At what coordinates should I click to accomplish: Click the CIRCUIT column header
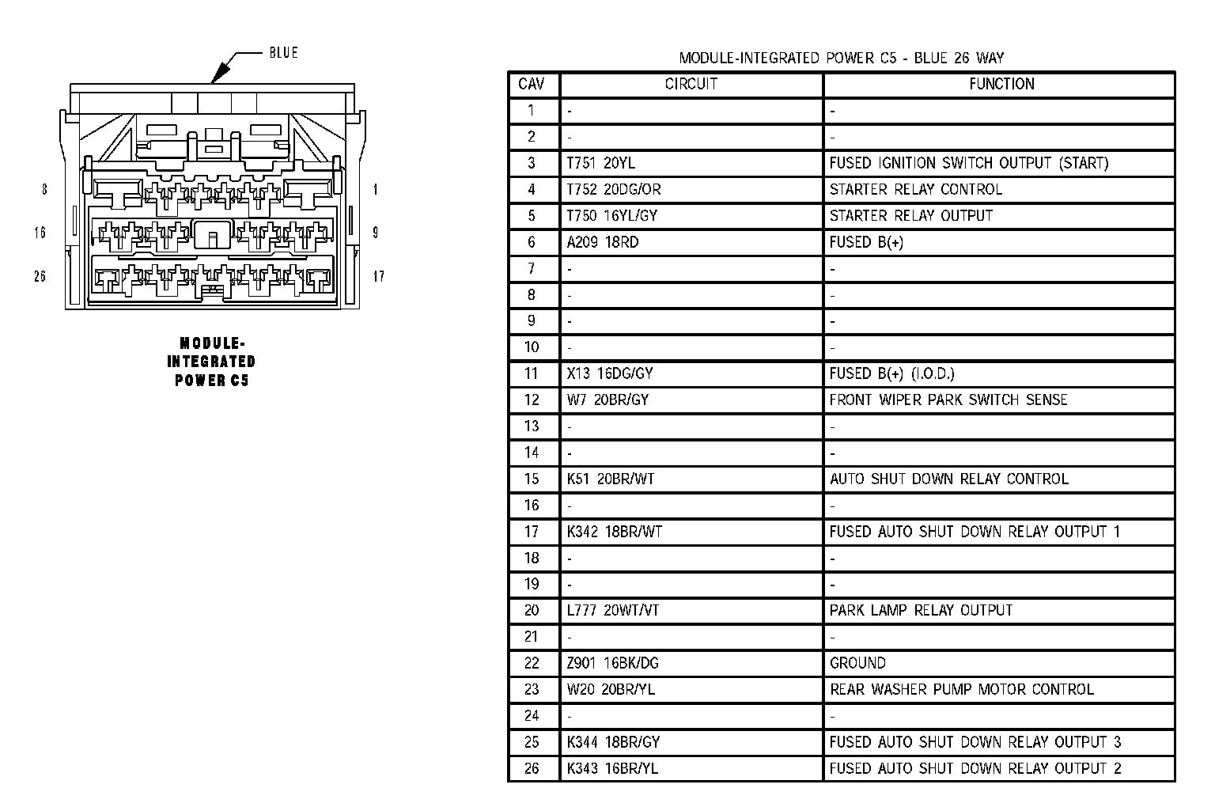tap(691, 84)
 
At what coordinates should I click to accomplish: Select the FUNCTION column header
tap(1001, 84)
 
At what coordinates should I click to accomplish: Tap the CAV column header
tap(532, 84)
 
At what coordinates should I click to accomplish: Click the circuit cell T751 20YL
tap(601, 163)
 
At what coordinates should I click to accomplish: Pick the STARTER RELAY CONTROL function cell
tap(915, 189)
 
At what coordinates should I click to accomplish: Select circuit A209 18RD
tap(602, 242)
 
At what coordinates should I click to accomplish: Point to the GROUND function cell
tap(857, 663)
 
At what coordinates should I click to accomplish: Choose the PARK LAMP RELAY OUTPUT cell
tap(921, 610)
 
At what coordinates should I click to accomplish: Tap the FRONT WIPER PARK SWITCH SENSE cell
tap(948, 400)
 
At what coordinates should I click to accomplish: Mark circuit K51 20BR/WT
tap(611, 479)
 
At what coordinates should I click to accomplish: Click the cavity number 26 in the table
tap(532, 768)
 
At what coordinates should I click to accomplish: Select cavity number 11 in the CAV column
tap(532, 373)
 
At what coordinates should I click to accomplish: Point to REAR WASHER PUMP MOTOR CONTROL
tap(961, 689)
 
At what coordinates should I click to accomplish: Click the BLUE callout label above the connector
tap(283, 53)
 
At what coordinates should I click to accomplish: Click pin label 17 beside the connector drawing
tap(378, 276)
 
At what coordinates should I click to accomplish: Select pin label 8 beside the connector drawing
tap(44, 190)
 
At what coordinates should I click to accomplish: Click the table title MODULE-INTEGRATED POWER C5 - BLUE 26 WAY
tap(841, 58)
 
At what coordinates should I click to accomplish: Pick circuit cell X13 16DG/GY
tap(610, 373)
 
